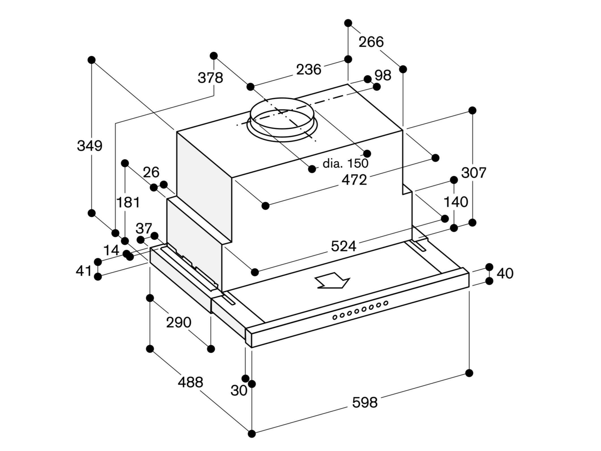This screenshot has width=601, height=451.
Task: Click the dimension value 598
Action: coord(365,402)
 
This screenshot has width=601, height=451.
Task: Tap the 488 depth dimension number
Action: coord(190,382)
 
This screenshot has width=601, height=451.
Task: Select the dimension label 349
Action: coord(89,146)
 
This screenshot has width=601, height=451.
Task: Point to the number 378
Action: coord(210,78)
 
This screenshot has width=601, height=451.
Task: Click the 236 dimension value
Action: coord(309,70)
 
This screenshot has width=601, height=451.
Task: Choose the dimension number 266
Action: coord(371,42)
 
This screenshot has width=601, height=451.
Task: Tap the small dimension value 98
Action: coord(383,75)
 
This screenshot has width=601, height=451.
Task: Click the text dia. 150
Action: coord(346,163)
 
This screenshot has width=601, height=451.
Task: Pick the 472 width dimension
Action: coord(354,180)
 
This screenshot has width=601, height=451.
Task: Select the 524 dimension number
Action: coord(343,246)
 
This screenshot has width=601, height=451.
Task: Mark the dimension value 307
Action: coord(474,173)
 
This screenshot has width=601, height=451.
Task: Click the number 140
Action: coord(455,202)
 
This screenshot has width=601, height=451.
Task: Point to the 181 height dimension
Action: coord(128,203)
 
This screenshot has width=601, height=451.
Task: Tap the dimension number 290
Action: coord(179,322)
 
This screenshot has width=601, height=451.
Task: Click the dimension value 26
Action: coord(151,172)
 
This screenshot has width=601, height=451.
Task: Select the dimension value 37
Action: coord(144,228)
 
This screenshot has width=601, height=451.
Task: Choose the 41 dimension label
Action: coord(84,271)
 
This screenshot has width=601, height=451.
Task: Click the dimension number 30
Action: coord(239,391)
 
